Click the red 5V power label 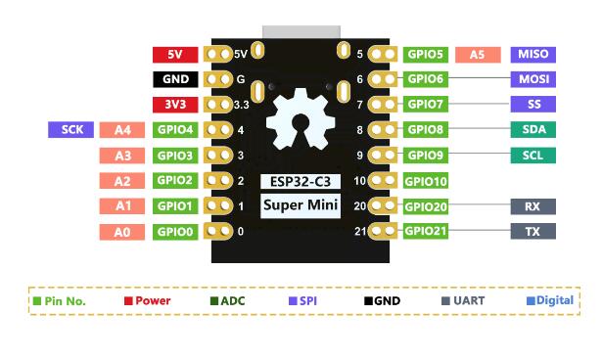click(x=175, y=55)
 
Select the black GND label click(x=175, y=79)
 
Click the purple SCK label click(x=70, y=129)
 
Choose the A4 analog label click(x=122, y=129)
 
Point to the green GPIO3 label click(x=175, y=155)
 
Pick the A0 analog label click(x=122, y=232)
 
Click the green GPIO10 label click(x=426, y=181)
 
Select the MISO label click(x=533, y=55)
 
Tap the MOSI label click(x=533, y=79)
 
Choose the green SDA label click(x=533, y=129)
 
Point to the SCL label click(x=533, y=155)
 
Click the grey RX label click(x=533, y=206)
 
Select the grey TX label click(x=533, y=232)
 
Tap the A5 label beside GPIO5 click(x=478, y=55)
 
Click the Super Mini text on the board click(x=301, y=205)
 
